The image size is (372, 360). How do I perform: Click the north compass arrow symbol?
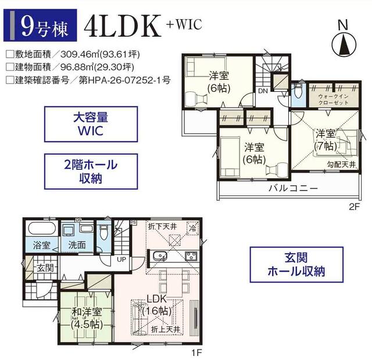[344, 45]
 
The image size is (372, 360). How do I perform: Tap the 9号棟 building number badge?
[40, 25]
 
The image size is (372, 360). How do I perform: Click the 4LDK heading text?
[123, 26]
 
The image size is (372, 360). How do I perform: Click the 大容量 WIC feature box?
[91, 124]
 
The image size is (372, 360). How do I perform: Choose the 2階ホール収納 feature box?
[91, 172]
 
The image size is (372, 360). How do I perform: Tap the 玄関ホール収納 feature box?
[296, 265]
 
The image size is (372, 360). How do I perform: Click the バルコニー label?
[293, 188]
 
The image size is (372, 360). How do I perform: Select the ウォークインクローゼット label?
[333, 99]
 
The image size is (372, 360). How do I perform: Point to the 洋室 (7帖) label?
[325, 140]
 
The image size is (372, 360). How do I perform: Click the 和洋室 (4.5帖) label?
[87, 318]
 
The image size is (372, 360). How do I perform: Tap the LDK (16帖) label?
[156, 305]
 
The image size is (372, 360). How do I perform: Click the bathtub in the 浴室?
[42, 229]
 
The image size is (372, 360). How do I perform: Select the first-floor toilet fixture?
[104, 232]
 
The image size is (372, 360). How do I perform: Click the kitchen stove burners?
[191, 256]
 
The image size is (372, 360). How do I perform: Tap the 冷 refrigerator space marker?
[192, 229]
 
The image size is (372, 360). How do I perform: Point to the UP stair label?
[121, 259]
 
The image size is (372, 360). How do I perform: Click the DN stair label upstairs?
[263, 91]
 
